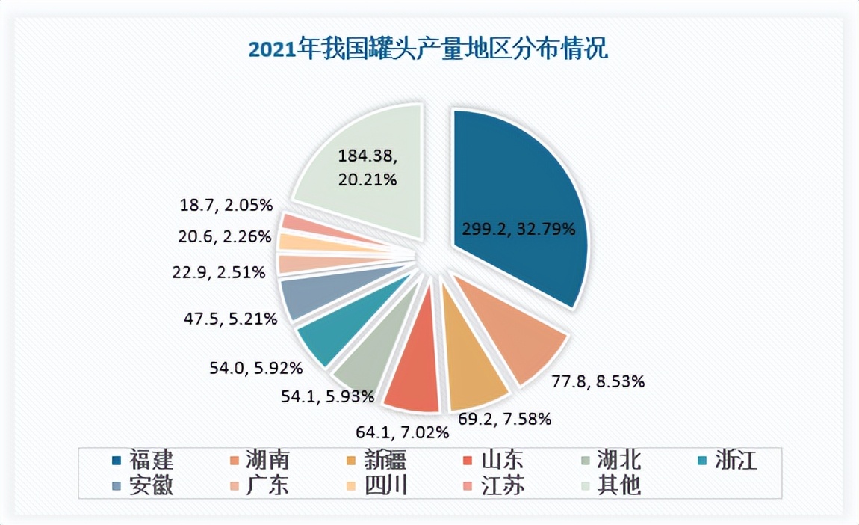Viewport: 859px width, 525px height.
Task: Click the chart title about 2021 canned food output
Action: point(428,50)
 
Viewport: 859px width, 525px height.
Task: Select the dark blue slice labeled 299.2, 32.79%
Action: point(523,202)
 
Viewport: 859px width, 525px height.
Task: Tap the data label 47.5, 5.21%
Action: point(231,319)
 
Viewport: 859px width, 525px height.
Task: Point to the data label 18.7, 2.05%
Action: point(226,204)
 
